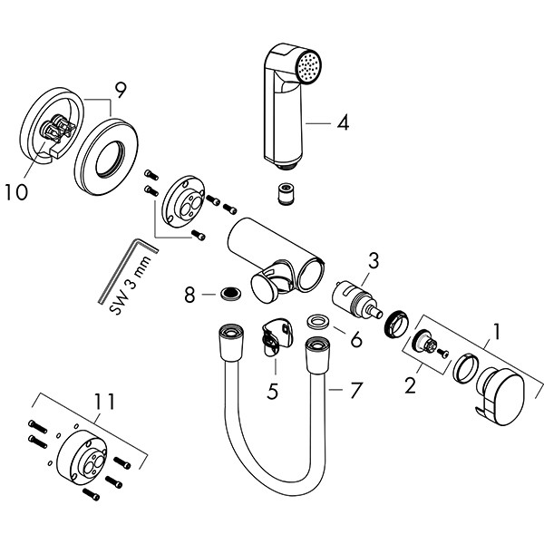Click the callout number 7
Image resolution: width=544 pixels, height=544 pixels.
pyautogui.click(x=355, y=391)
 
